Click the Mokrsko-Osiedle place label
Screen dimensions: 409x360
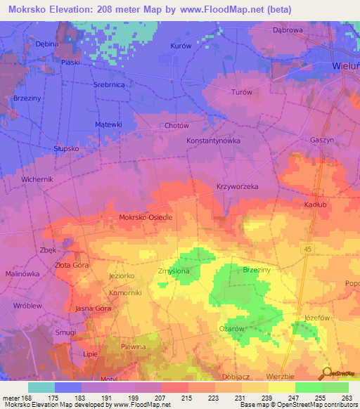146,218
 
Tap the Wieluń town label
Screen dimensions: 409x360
345,66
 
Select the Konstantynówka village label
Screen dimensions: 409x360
213,141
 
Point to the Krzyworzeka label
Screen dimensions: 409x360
238,187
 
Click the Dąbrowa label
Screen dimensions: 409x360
286,30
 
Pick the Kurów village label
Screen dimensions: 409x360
181,46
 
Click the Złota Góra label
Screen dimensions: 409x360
72,265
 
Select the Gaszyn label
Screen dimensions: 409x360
321,140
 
